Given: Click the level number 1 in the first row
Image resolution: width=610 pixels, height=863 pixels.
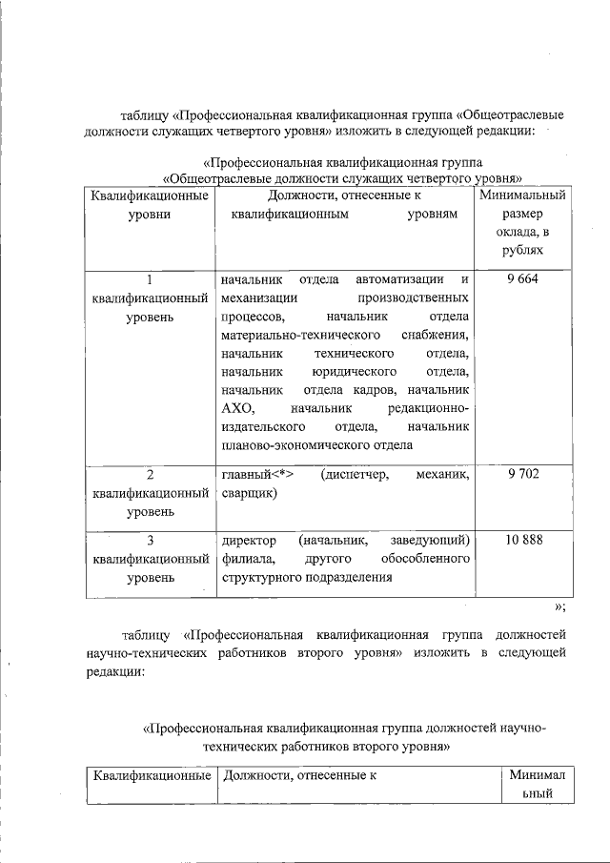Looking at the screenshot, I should [x=149, y=279].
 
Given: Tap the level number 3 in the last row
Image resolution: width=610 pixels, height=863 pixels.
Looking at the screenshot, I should [x=149, y=540].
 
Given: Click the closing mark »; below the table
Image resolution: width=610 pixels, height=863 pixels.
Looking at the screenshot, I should [x=560, y=606].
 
